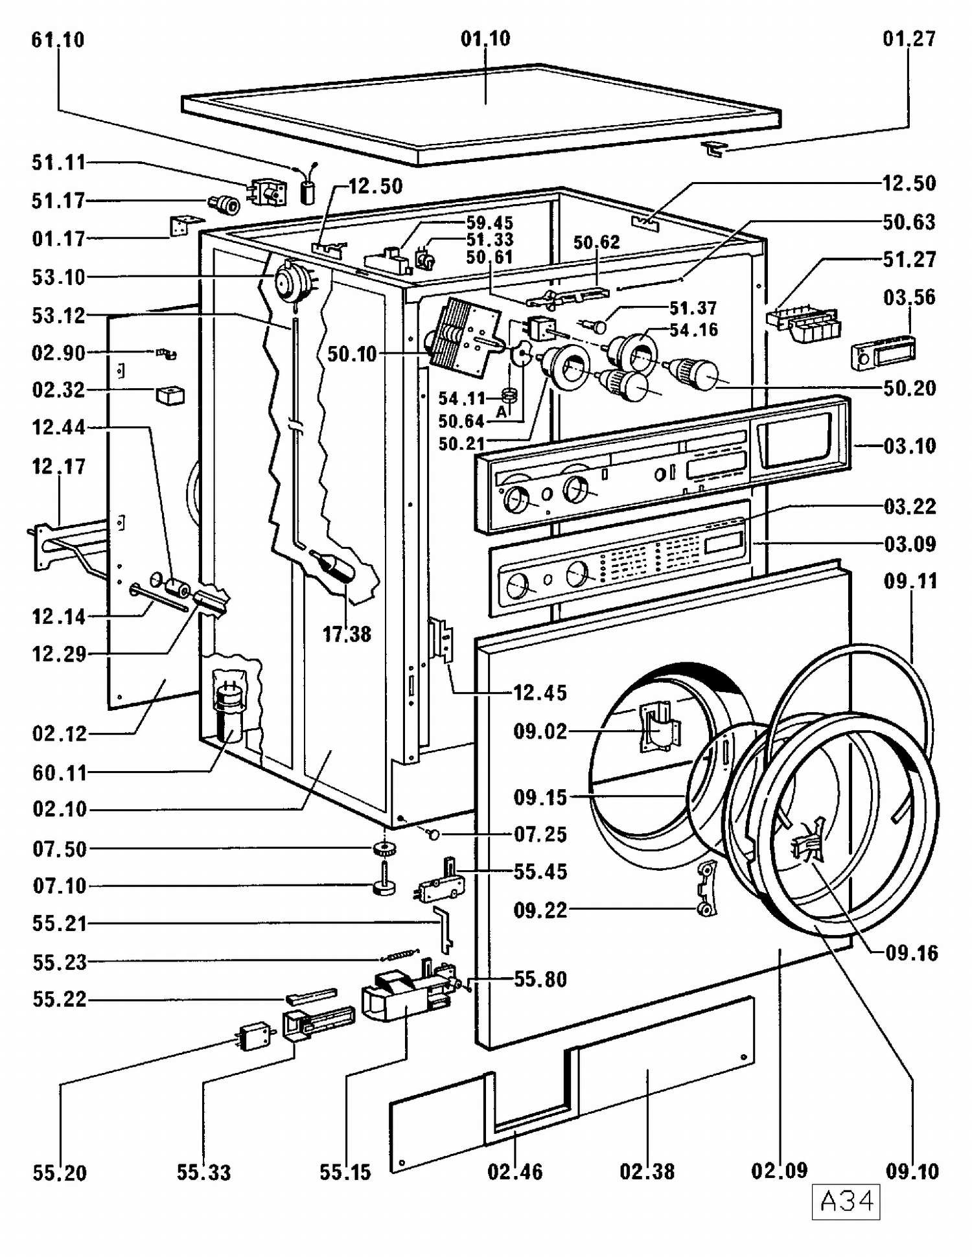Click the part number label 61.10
(58, 40)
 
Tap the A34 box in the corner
(846, 1202)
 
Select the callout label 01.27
(909, 39)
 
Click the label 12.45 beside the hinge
(540, 693)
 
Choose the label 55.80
(540, 979)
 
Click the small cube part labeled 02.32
(170, 395)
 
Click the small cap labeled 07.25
(433, 835)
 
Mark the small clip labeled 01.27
(714, 150)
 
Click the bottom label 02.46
(515, 1171)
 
